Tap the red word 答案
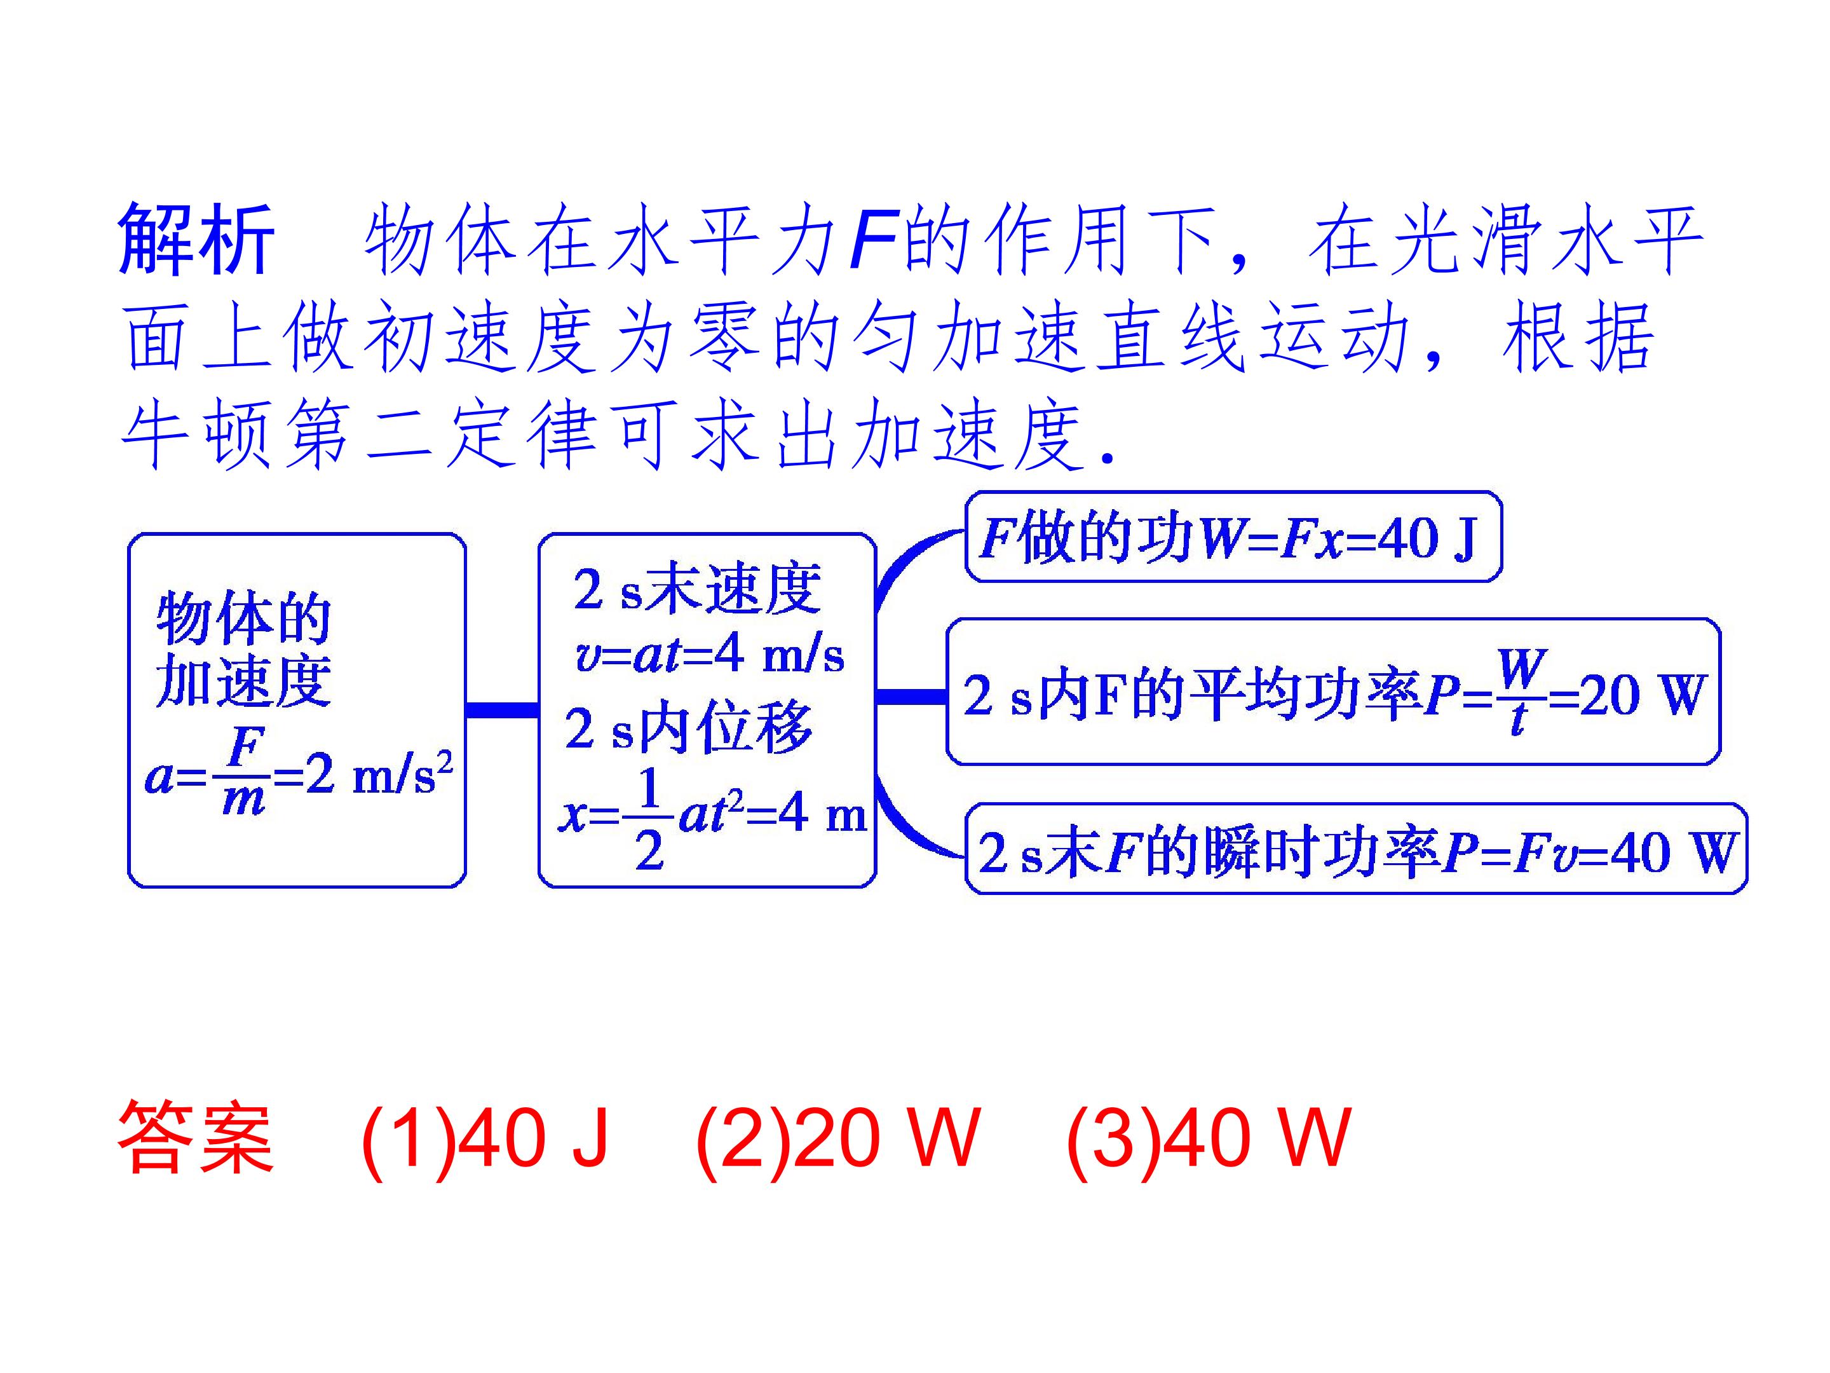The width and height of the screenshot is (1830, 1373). (x=196, y=1138)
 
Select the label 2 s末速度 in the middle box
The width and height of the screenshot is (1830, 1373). (x=696, y=589)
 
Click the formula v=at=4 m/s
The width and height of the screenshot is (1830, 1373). (x=709, y=655)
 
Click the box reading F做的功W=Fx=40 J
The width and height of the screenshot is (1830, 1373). (x=1233, y=537)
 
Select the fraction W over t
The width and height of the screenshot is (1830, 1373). (x=1521, y=692)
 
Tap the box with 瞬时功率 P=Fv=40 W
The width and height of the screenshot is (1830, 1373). (x=1357, y=849)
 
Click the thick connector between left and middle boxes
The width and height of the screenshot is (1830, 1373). (x=502, y=709)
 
